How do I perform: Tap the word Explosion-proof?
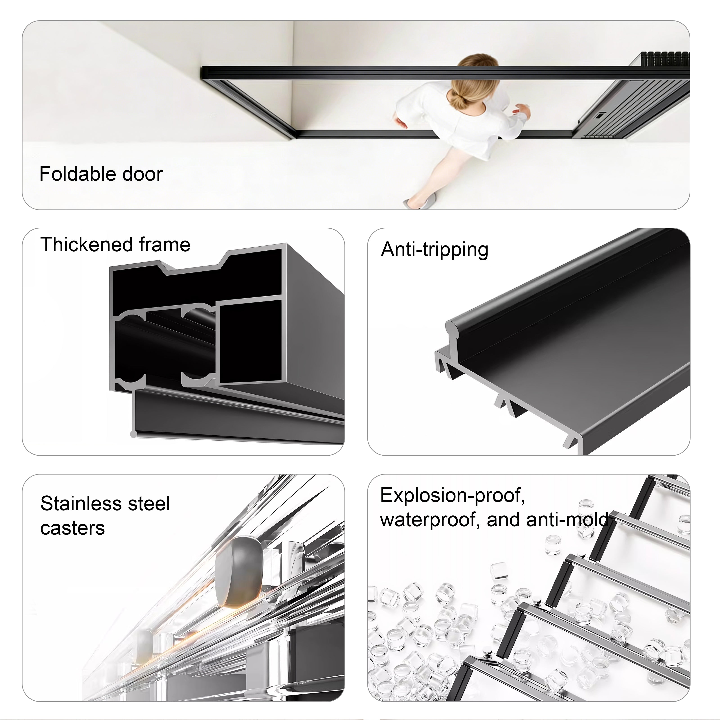click(452, 496)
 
